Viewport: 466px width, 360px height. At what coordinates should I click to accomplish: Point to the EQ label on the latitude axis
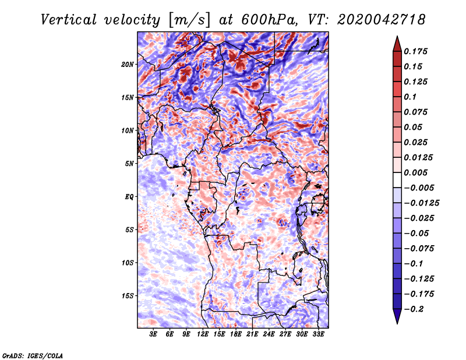129,196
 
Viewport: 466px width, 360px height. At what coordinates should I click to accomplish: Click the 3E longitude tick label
154,334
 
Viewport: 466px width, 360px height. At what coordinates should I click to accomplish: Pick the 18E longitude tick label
236,334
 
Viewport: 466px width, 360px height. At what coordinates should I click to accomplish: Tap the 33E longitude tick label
318,334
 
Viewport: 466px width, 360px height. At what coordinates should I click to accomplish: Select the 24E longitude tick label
269,334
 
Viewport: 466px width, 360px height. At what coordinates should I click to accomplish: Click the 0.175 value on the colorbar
417,51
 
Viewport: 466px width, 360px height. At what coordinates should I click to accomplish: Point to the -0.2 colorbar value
416,309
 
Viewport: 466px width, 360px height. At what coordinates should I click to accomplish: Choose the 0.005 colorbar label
417,172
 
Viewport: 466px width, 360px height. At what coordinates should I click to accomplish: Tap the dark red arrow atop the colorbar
397,42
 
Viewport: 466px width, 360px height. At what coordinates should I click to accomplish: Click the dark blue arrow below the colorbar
397,317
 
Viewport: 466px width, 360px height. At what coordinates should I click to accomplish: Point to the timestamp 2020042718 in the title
372,19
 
